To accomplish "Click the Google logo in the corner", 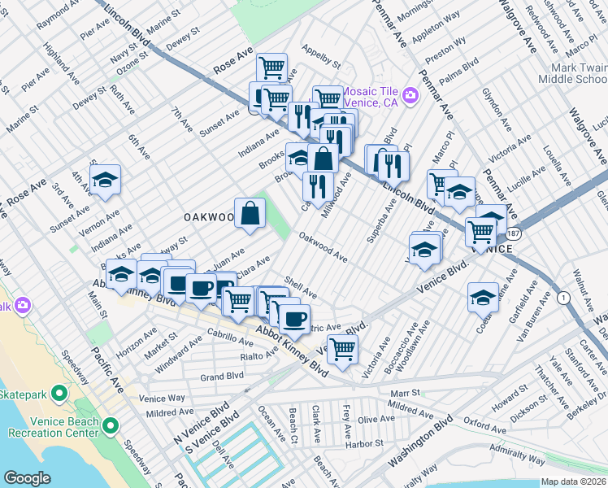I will click(x=27, y=478).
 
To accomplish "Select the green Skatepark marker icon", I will click(x=58, y=394).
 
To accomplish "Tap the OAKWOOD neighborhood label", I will click(x=208, y=217).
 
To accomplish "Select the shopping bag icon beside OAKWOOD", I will click(x=250, y=213).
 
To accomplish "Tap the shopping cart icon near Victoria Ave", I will click(x=343, y=348).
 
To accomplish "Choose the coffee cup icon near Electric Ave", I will click(x=294, y=318).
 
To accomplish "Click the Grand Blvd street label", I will click(x=222, y=377).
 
